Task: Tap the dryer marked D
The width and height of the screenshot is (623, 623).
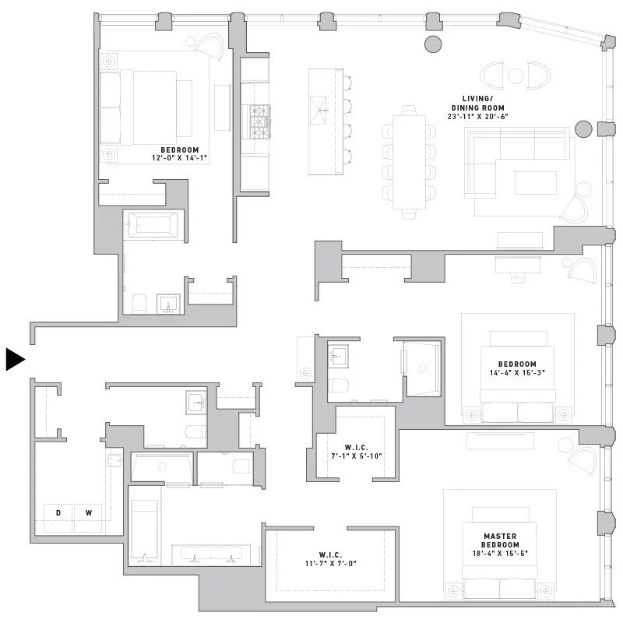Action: [x=58, y=513]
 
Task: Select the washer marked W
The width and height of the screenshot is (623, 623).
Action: [x=88, y=513]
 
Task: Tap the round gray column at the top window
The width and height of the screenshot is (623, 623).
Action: [x=432, y=44]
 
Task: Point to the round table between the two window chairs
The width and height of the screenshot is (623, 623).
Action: [x=515, y=76]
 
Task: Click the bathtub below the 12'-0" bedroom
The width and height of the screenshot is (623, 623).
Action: [x=153, y=225]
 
